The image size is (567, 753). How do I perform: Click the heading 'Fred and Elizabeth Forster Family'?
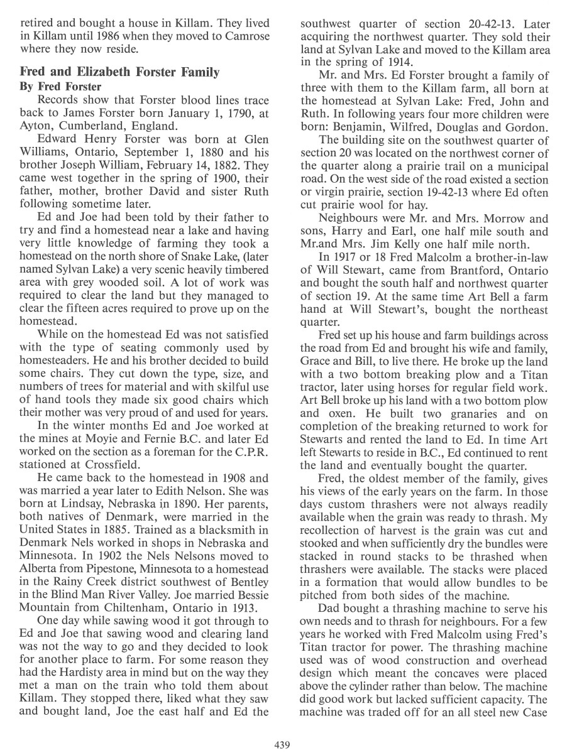click(x=120, y=72)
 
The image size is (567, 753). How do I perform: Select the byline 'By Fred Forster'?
click(x=60, y=86)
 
